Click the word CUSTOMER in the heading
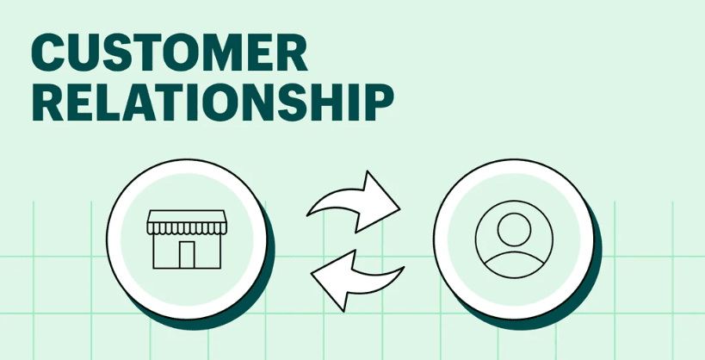170,53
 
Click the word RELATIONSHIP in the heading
213,102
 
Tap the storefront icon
187,239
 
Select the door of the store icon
187,255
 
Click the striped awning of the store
187,228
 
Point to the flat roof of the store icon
187,216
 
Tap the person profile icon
514,239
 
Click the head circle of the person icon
514,229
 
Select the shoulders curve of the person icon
514,265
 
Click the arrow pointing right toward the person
354,202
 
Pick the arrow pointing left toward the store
357,280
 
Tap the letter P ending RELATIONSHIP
379,102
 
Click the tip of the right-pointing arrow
400,209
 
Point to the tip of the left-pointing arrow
311,274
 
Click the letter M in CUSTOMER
226,53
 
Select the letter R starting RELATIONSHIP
47,102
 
